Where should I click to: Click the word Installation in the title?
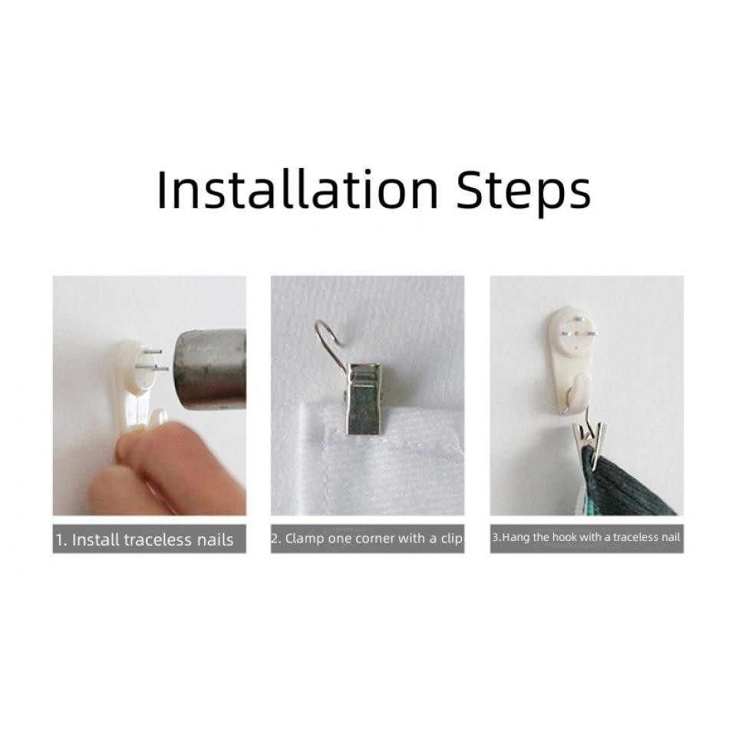pos(298,190)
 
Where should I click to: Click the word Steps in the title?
pos(523,193)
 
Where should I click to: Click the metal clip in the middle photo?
pos(363,399)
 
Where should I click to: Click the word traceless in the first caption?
pos(158,539)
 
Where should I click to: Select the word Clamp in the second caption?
pos(305,539)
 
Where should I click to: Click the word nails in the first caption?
pos(216,539)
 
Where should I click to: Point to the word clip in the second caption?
pos(451,539)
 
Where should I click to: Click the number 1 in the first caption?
pos(59,540)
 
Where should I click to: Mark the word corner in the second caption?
pos(375,539)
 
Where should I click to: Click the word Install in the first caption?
pos(96,539)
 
